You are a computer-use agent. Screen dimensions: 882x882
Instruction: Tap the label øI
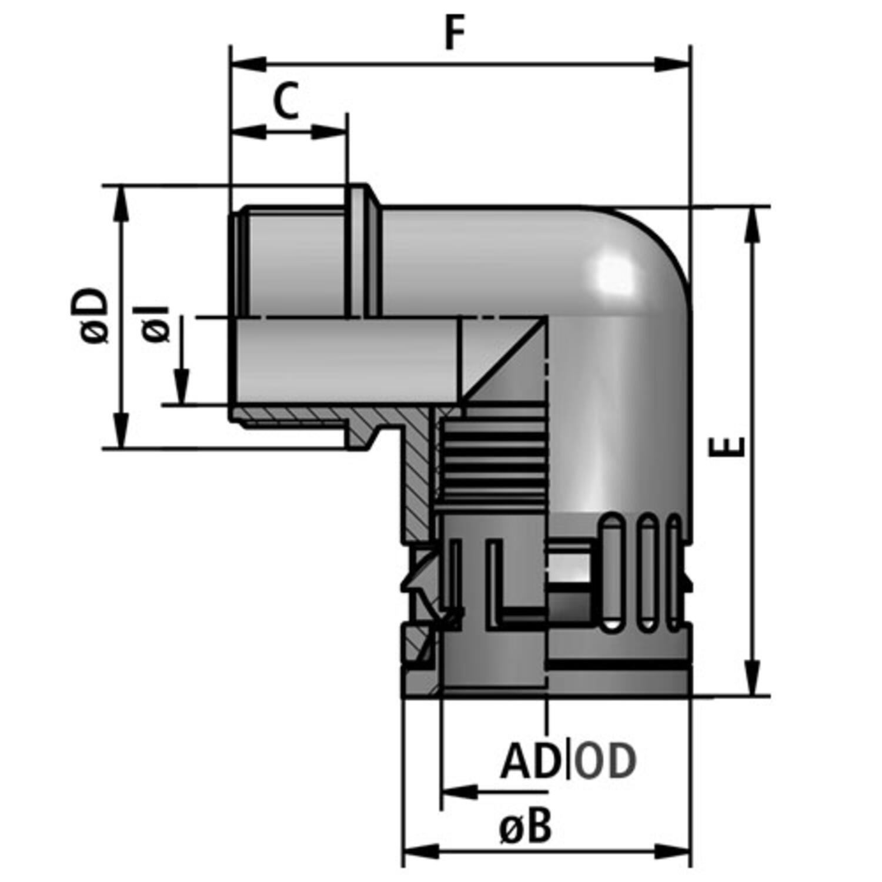(x=155, y=323)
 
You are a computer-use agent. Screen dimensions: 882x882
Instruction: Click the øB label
(x=526, y=826)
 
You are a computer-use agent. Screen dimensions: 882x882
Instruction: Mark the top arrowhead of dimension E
(x=751, y=225)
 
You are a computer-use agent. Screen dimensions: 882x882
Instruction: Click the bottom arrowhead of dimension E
(x=751, y=678)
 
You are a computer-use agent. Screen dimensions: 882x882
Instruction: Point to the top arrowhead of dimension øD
(x=121, y=203)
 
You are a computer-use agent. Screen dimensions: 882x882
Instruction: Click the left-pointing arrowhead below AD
(x=459, y=792)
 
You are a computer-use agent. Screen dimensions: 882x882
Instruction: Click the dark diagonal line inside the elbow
(x=504, y=360)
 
